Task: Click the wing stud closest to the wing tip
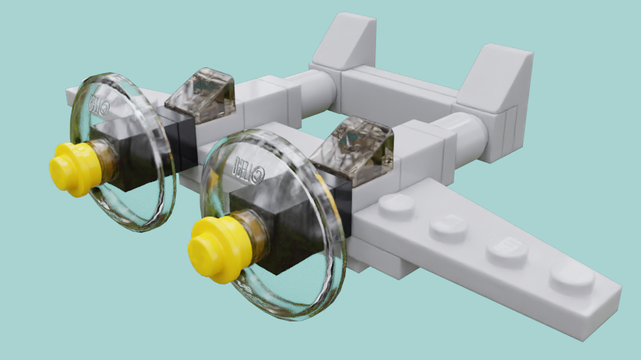point(572,277)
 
